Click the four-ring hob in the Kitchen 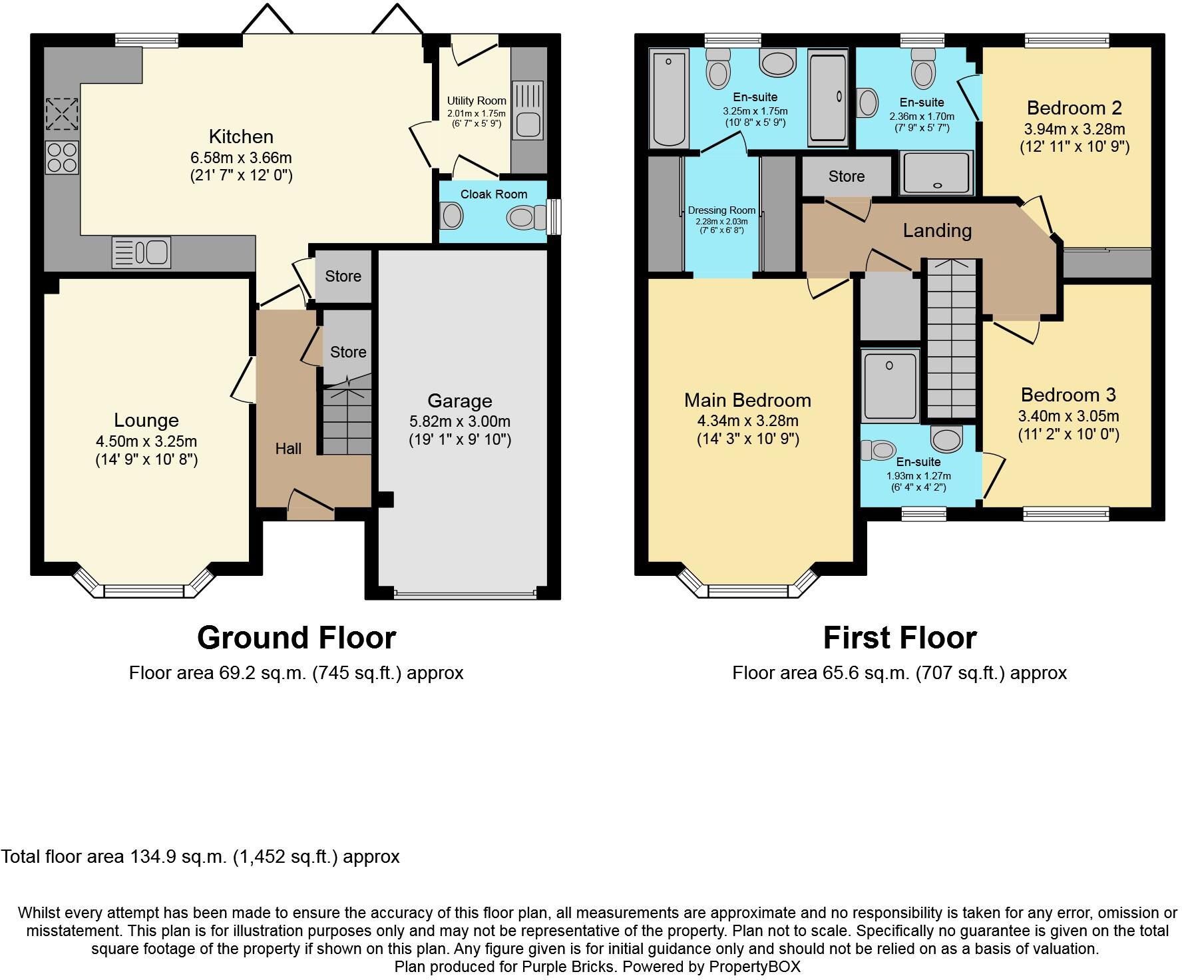(63, 157)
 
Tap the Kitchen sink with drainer (142, 252)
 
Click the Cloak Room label (493, 194)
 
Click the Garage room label (459, 401)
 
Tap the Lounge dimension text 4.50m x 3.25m (146, 441)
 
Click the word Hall (288, 449)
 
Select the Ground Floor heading (296, 638)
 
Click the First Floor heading (899, 638)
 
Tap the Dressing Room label (721, 210)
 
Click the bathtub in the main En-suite (669, 100)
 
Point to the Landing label (937, 230)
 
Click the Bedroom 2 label (1074, 108)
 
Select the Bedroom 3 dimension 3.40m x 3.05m (1068, 417)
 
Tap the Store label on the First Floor (846, 176)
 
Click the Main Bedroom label (747, 400)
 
